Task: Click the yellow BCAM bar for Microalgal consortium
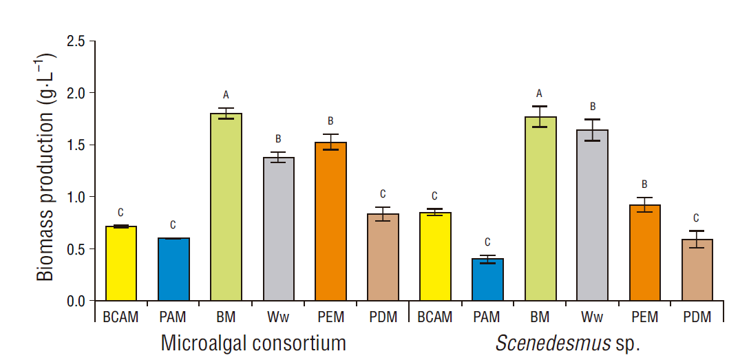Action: [121, 264]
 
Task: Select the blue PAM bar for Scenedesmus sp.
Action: [487, 280]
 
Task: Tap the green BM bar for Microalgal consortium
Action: [226, 207]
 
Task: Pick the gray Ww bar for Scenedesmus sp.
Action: [592, 215]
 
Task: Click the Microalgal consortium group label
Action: [253, 343]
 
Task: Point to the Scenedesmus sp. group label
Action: [568, 343]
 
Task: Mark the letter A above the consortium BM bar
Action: [226, 95]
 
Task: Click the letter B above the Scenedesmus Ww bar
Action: [592, 107]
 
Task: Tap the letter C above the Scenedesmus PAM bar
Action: [487, 242]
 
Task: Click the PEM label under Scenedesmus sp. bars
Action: [644, 317]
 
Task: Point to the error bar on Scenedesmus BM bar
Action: [540, 117]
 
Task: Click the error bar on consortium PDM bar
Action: [383, 214]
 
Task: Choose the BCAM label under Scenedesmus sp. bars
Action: [435, 317]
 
